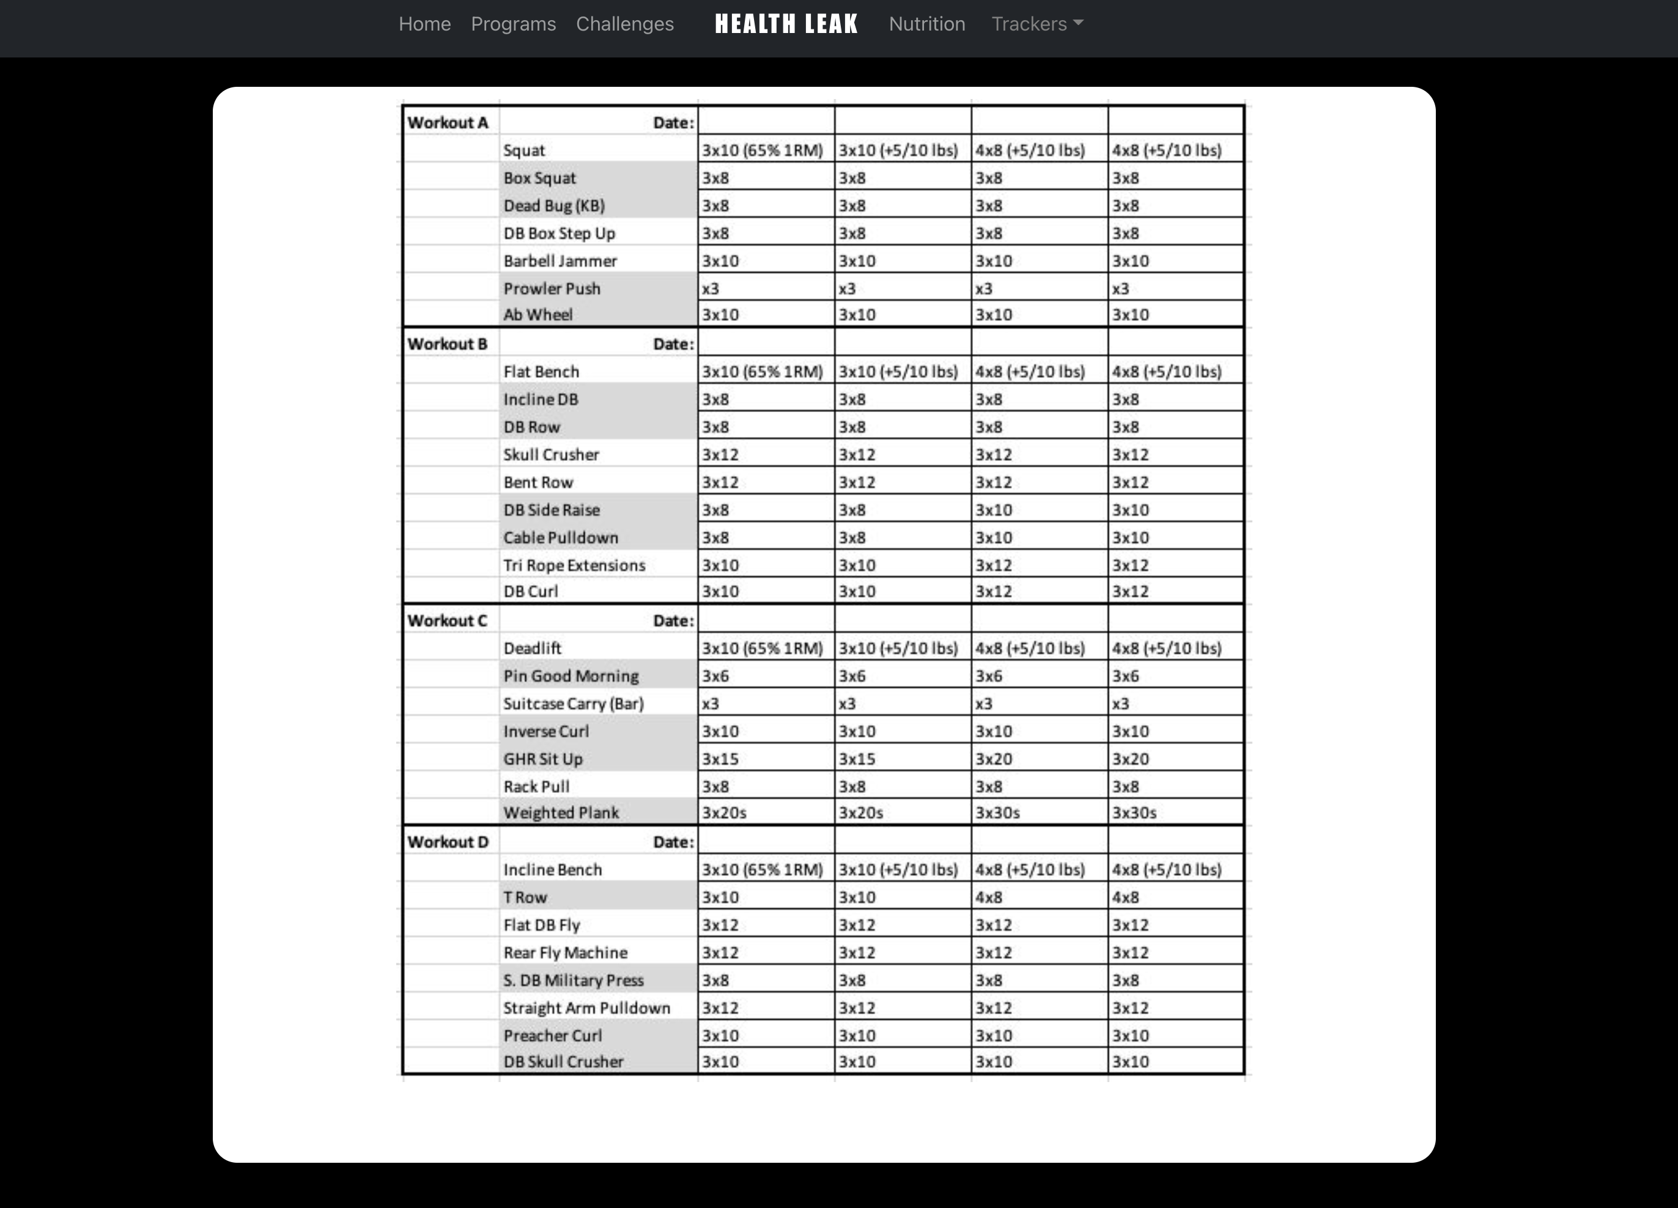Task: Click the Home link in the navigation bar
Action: click(424, 24)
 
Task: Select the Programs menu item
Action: click(514, 24)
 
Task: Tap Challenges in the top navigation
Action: click(624, 24)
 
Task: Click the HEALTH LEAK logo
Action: click(786, 24)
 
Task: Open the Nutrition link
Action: click(926, 24)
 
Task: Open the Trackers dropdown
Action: click(1037, 24)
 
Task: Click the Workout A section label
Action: click(448, 123)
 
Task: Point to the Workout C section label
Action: click(447, 621)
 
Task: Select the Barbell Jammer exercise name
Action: click(560, 261)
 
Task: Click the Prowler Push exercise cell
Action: click(552, 289)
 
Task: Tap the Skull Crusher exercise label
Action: click(551, 455)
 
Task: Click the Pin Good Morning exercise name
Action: click(571, 676)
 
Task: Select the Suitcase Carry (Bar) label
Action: click(574, 704)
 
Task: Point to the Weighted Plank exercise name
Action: click(561, 813)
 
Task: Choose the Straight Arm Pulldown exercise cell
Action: click(586, 1008)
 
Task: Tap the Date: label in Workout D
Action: click(673, 842)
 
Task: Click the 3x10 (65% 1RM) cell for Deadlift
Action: click(762, 649)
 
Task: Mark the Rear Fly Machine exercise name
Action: click(565, 953)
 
